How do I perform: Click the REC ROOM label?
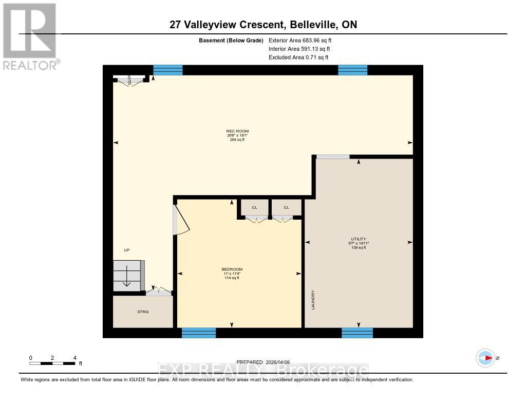click(237, 131)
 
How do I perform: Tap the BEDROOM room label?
click(232, 269)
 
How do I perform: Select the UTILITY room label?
click(358, 239)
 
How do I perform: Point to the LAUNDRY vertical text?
click(312, 300)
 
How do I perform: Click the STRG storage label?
click(143, 312)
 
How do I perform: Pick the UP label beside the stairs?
click(127, 250)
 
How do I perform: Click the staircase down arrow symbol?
click(126, 281)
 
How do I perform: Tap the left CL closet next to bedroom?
click(254, 207)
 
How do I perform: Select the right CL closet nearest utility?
click(286, 207)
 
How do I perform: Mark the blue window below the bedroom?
click(199, 333)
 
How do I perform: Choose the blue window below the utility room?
click(358, 333)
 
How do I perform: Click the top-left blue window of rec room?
click(168, 70)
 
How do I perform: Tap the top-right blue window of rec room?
click(352, 70)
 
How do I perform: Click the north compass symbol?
click(485, 358)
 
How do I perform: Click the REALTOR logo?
click(30, 36)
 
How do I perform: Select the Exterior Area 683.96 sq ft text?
click(304, 40)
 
